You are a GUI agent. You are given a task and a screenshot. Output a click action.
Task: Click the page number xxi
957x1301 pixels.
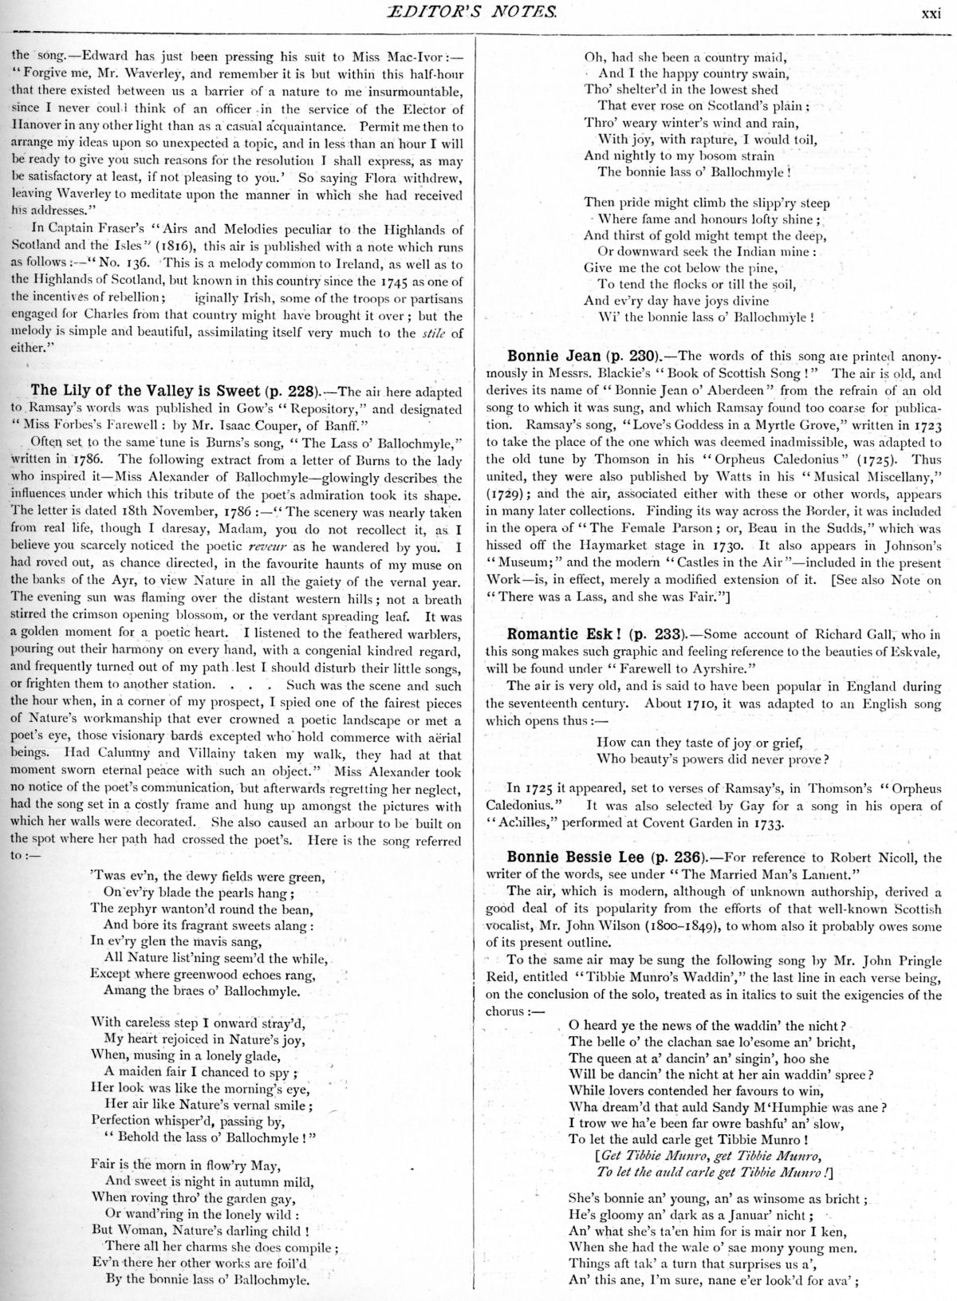932,12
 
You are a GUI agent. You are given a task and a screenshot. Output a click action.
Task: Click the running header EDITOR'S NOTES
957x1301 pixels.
478,12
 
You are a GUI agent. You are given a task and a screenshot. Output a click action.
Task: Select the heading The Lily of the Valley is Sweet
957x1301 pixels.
145,390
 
